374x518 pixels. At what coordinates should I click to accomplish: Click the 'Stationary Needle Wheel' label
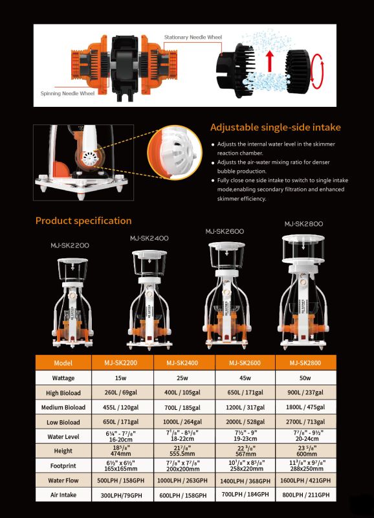193,38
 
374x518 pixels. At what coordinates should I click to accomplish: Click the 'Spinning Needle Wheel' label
67,93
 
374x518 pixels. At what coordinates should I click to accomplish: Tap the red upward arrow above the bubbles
270,61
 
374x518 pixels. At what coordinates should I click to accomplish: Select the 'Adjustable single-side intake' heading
276,127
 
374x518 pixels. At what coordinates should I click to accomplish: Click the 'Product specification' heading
83,221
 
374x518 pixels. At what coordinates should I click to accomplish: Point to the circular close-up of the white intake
175,153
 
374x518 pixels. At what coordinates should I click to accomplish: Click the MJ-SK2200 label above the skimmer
70,245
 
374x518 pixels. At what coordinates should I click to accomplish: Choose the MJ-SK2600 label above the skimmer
225,231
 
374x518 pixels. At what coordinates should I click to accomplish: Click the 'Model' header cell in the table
63,363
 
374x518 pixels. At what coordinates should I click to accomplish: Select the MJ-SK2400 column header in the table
182,363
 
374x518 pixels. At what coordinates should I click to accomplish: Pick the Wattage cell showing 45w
245,377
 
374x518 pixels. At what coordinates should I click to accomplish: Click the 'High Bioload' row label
63,393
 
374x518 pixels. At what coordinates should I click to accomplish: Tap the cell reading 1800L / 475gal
305,407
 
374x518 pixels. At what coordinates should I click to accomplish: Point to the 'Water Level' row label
63,436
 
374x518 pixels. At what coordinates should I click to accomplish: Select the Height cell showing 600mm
305,451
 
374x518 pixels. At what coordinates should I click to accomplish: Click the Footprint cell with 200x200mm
183,466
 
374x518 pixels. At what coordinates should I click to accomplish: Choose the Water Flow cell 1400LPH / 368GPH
245,480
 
